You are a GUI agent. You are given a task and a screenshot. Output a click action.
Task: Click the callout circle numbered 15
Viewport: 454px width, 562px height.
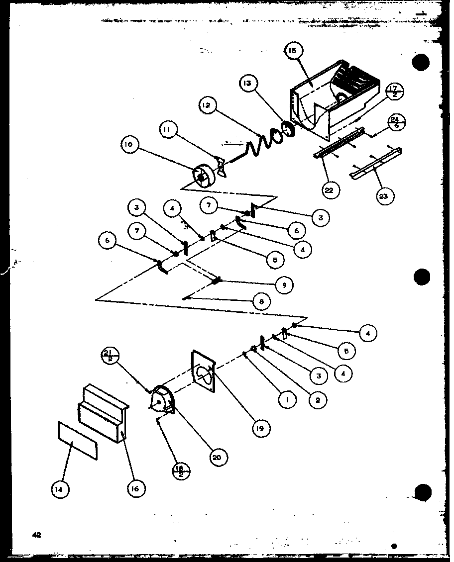pos(294,51)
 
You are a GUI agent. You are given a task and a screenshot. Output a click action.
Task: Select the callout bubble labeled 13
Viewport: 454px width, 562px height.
pos(248,84)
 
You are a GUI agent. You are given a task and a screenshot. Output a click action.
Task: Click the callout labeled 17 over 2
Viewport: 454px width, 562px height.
pos(395,92)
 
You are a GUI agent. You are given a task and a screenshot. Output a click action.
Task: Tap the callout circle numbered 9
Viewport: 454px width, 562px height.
pos(284,285)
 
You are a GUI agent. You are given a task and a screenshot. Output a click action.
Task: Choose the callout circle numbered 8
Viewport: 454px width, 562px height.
pos(262,301)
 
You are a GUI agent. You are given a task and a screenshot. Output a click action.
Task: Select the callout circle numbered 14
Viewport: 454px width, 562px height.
pos(60,489)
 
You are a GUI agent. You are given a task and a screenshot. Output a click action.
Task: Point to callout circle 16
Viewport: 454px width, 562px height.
pos(135,488)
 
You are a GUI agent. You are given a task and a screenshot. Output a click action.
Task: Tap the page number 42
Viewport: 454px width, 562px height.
pos(36,535)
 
